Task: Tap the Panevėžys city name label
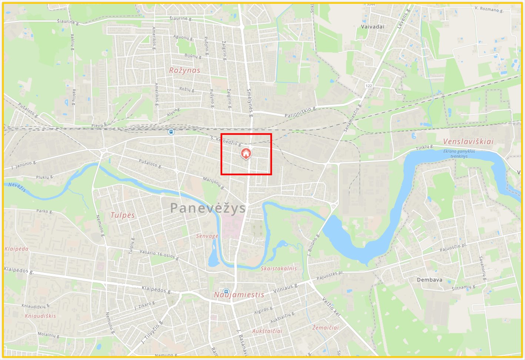click(208, 208)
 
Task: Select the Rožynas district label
click(184, 70)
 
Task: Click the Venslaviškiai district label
click(468, 142)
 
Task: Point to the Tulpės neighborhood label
click(123, 215)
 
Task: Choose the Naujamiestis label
click(239, 295)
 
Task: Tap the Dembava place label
click(429, 280)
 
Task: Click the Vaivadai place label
click(372, 27)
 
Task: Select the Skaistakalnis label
click(279, 269)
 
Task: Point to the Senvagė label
click(207, 236)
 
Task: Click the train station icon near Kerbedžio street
click(171, 132)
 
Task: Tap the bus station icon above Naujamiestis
click(226, 291)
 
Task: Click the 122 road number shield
click(368, 86)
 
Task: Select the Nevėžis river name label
click(17, 187)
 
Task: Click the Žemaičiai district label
click(325, 327)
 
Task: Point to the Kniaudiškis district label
click(40, 316)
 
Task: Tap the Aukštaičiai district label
click(267, 331)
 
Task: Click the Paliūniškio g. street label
click(300, 112)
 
